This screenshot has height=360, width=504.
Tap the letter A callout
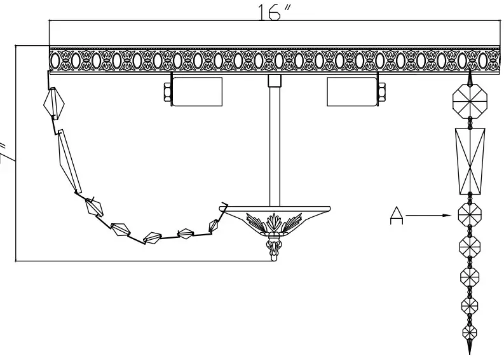pyautogui.click(x=397, y=216)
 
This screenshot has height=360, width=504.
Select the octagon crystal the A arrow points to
pyautogui.click(x=470, y=215)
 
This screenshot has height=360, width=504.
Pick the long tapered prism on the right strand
pyautogui.click(x=471, y=161)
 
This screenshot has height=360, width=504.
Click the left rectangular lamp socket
pyautogui.click(x=197, y=92)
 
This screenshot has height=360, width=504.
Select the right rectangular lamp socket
pyautogui.click(x=351, y=92)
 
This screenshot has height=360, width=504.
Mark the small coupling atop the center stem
pyautogui.click(x=275, y=81)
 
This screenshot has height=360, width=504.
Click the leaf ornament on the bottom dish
pyautogui.click(x=275, y=224)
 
